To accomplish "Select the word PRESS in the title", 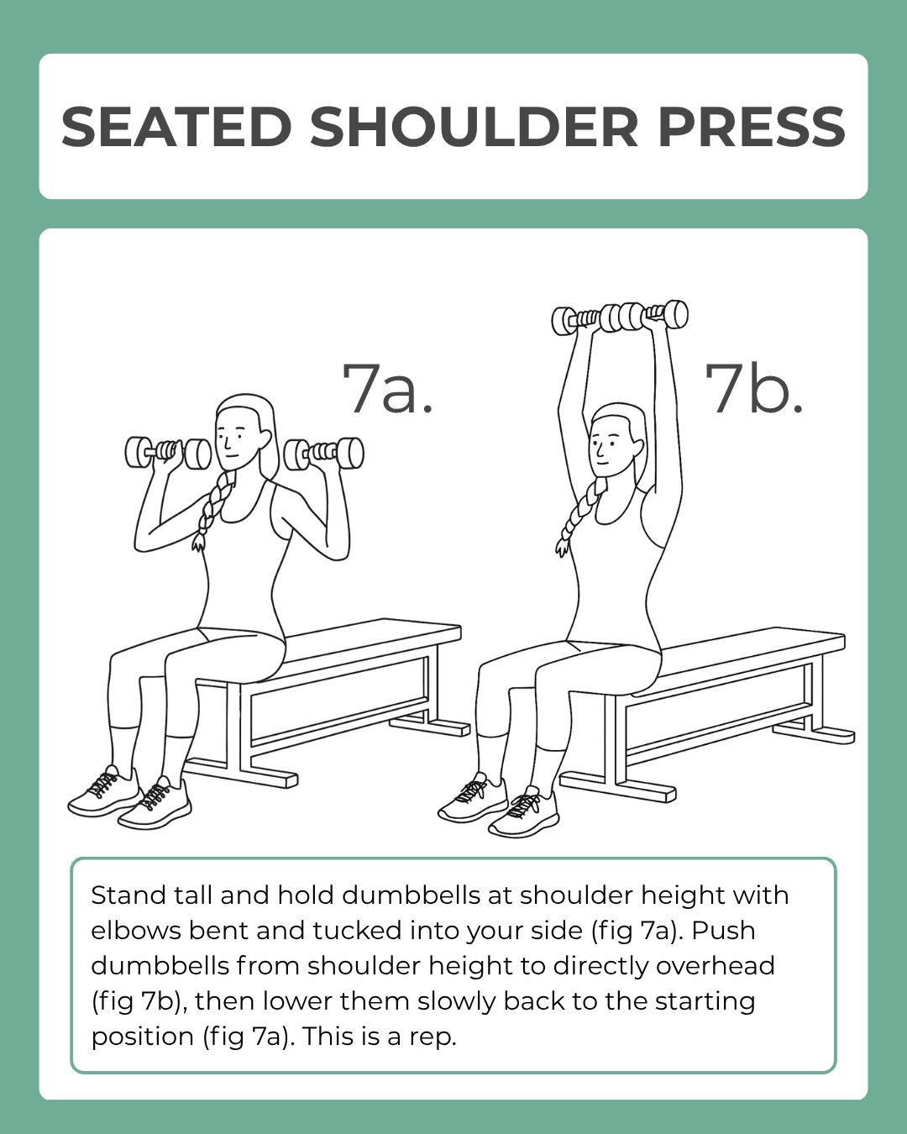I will point(751,128).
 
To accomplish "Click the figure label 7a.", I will point(387,388).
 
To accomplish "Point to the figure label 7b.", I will point(753,388).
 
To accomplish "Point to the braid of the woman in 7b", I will point(579,517).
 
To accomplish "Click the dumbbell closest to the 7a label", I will point(324,454).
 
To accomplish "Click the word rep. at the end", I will point(433,1037).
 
